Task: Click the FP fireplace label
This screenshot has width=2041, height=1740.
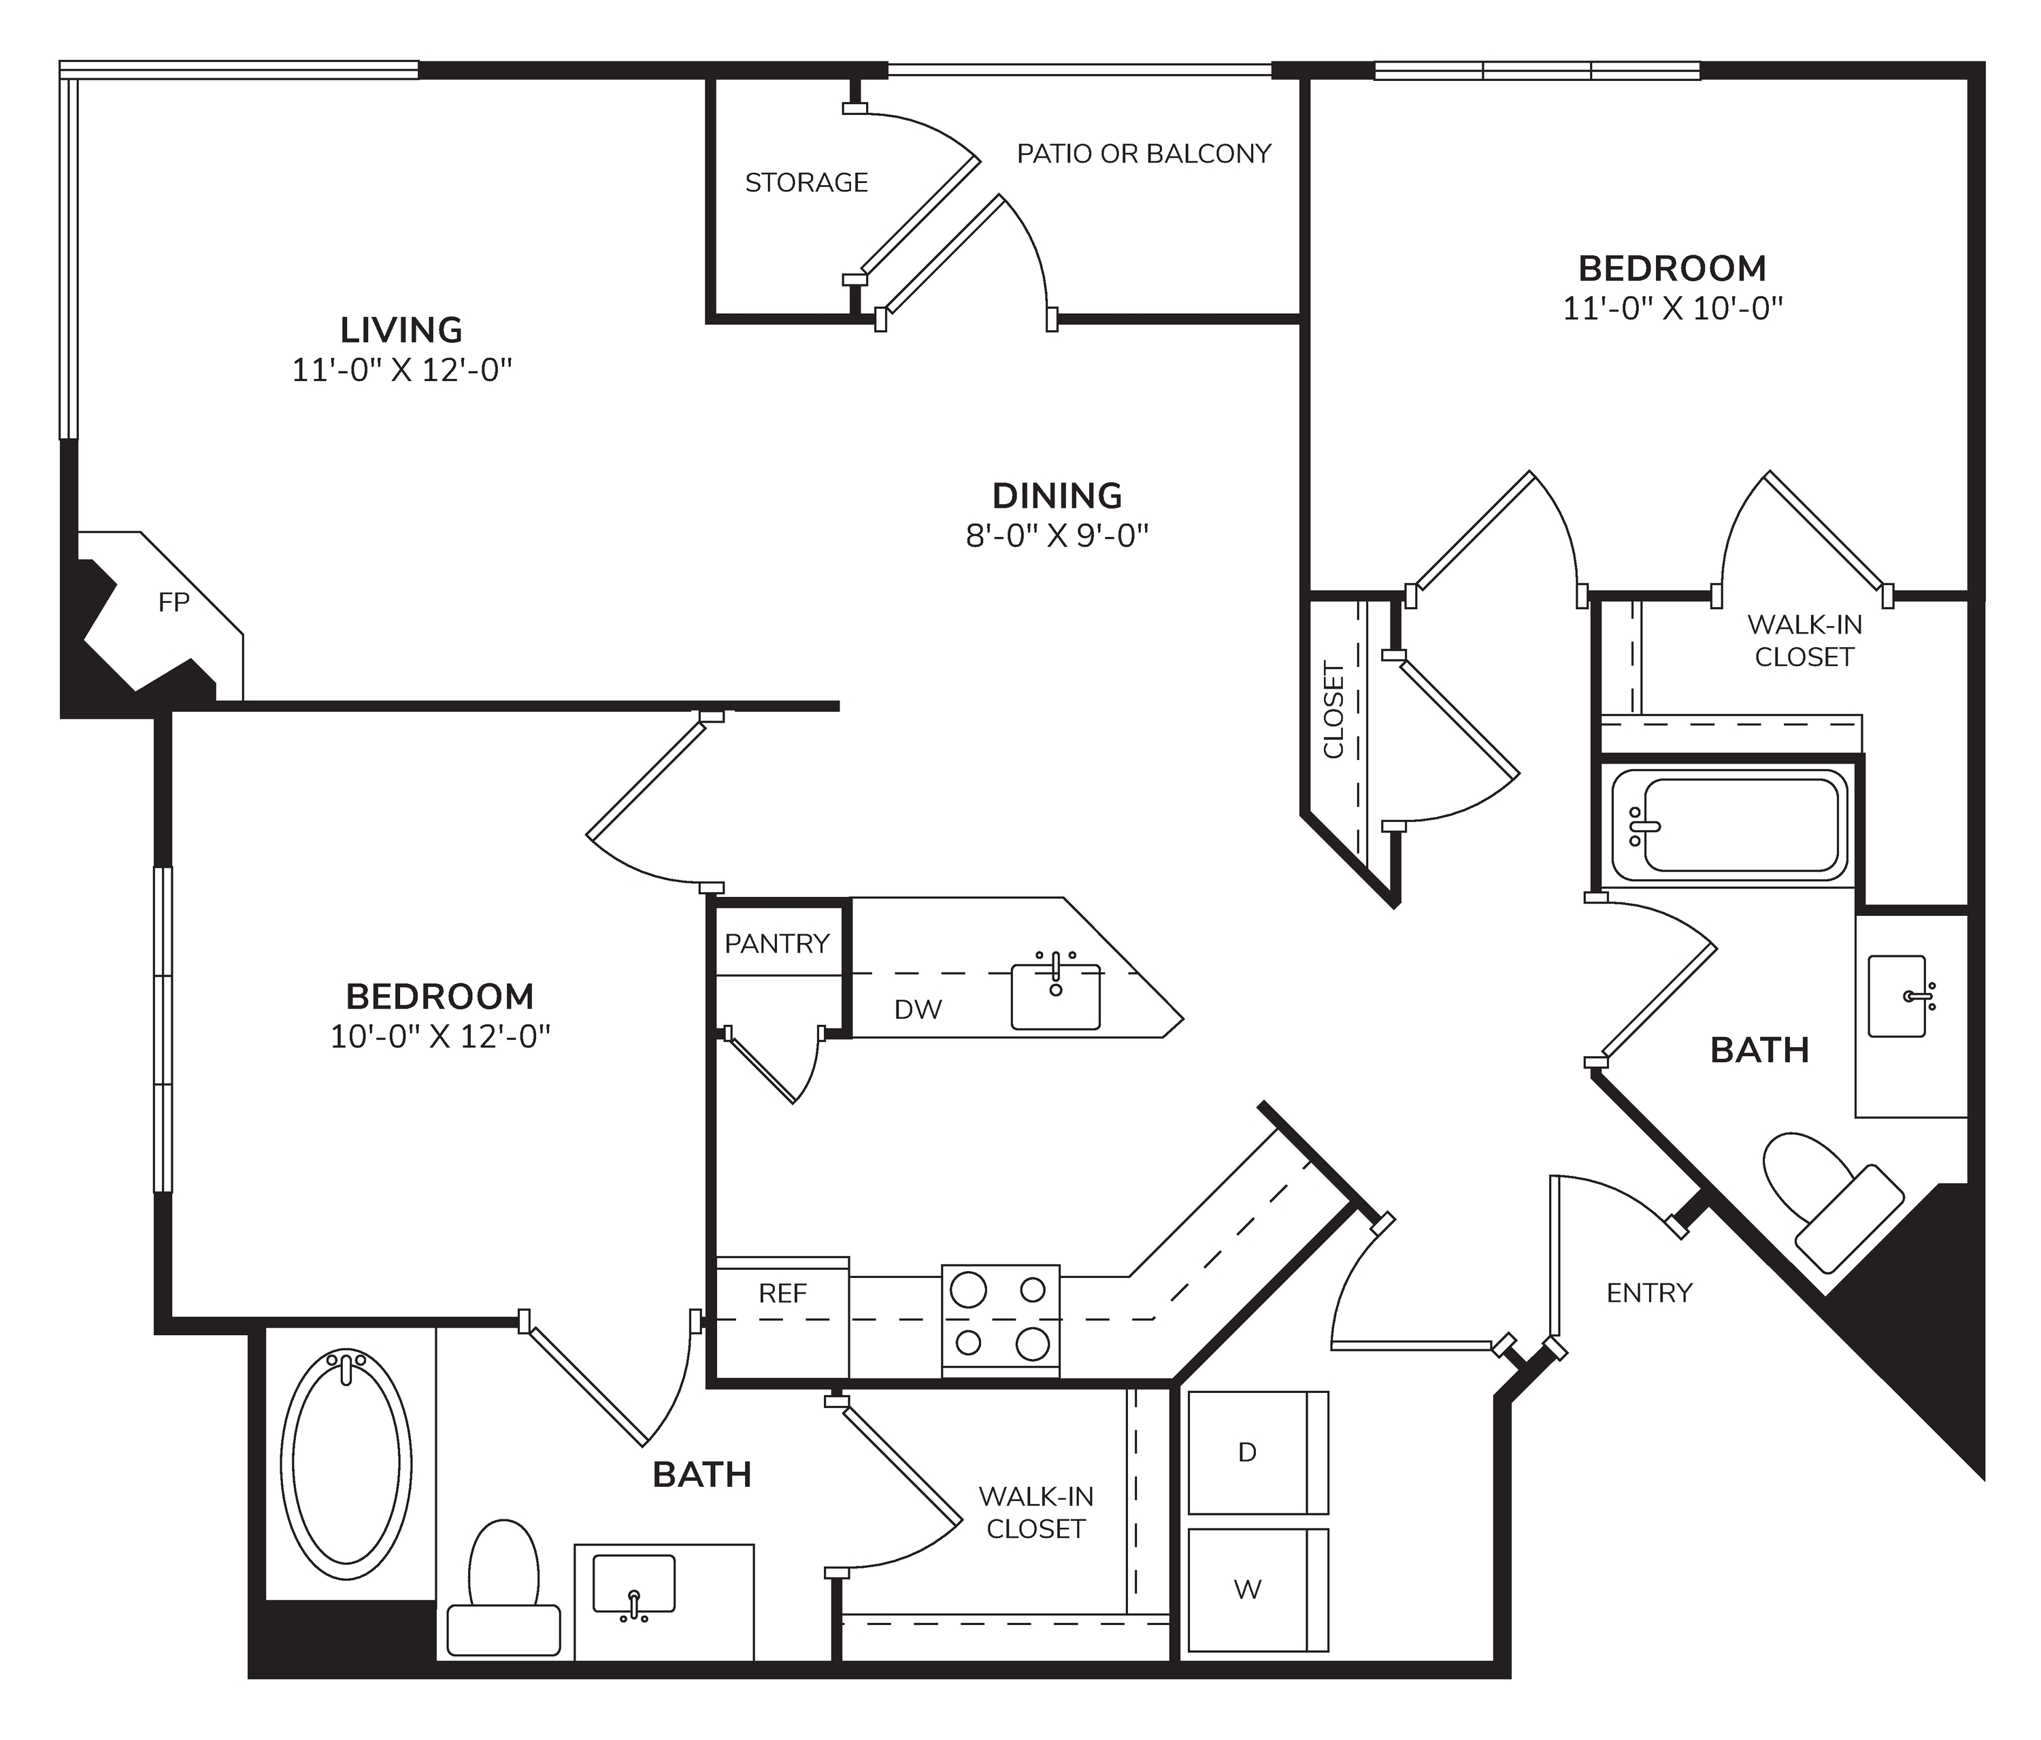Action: tap(173, 602)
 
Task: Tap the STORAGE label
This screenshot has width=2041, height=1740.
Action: tap(807, 182)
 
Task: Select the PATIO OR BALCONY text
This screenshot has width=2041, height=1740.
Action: tap(1144, 154)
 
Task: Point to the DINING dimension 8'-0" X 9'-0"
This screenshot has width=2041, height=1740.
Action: tap(1057, 536)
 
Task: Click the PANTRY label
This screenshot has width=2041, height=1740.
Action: tap(777, 944)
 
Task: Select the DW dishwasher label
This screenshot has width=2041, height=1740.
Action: tap(918, 1009)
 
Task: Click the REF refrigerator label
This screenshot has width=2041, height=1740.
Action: tap(783, 1294)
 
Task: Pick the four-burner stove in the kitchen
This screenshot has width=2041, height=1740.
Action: tap(1001, 1319)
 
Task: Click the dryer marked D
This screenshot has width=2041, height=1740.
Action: tap(1258, 1452)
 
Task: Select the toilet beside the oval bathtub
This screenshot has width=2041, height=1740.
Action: tap(503, 1589)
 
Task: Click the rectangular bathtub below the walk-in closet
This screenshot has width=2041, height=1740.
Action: tap(1729, 825)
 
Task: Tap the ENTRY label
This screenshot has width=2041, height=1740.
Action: tap(1649, 1293)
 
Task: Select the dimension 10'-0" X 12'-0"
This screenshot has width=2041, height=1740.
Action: tap(439, 1038)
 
